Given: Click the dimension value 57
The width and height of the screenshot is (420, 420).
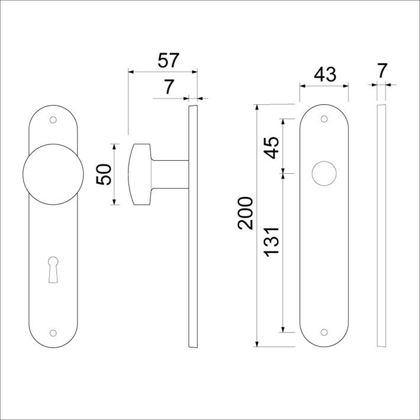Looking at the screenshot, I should (x=169, y=61).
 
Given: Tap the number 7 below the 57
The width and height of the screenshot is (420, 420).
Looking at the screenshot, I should (x=169, y=87).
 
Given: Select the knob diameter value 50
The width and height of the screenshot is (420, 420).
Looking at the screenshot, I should (x=104, y=175).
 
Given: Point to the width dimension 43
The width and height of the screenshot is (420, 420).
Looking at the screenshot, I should (x=324, y=75).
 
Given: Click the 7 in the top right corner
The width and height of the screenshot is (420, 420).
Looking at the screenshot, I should (x=382, y=70).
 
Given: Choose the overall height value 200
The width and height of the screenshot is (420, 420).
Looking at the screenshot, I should (x=245, y=213).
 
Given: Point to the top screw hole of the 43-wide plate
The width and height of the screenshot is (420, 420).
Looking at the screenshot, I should (x=324, y=119).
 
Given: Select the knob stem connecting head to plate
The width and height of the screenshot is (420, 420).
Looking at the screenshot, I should (x=172, y=175).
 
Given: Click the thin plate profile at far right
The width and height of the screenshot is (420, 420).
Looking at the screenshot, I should (x=382, y=225).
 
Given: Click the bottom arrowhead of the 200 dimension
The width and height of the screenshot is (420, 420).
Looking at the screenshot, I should (x=257, y=344).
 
